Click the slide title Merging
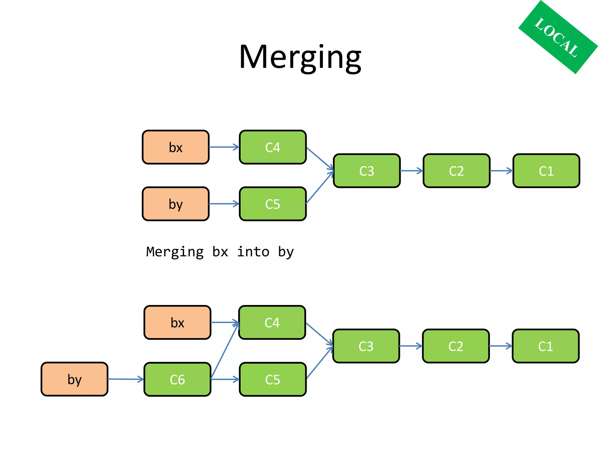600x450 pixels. click(300, 57)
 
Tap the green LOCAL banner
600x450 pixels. click(558, 37)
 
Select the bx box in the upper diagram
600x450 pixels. click(175, 147)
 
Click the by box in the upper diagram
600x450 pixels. click(175, 204)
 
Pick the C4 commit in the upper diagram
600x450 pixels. click(272, 147)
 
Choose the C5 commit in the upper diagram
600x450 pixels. click(272, 204)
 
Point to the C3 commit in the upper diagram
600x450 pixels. click(367, 171)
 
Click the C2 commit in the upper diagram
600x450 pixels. click(456, 171)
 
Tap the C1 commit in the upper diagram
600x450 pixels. click(546, 171)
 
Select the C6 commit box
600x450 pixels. click(177, 379)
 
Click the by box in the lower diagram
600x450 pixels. click(74, 379)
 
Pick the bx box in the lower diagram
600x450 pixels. click(177, 323)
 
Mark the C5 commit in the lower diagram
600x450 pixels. click(272, 379)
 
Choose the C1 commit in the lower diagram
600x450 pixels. click(546, 346)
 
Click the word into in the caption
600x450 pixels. click(253, 252)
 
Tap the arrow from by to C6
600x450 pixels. click(125, 379)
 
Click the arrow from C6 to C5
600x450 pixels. click(225, 379)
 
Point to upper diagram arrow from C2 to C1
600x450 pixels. click(501, 171)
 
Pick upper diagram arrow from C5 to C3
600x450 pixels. click(320, 187)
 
